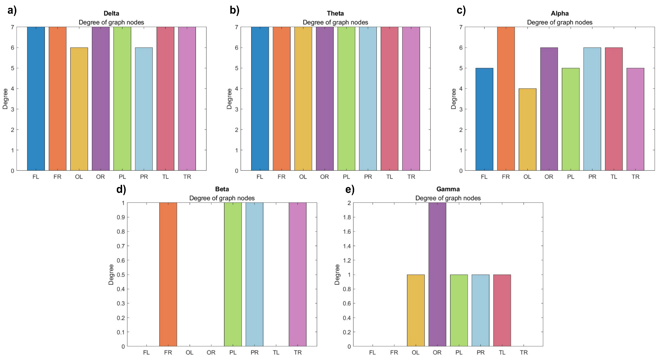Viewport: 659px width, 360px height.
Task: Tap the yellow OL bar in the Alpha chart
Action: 527,129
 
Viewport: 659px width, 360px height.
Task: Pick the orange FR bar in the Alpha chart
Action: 506,99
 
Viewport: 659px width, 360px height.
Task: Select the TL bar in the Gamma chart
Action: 502,310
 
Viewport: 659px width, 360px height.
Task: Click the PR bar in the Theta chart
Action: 368,99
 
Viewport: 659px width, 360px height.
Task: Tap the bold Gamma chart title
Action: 448,189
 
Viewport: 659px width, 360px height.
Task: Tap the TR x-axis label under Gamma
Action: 524,353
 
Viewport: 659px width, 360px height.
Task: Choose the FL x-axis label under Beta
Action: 146,353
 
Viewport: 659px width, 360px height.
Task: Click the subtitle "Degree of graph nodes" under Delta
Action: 111,22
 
